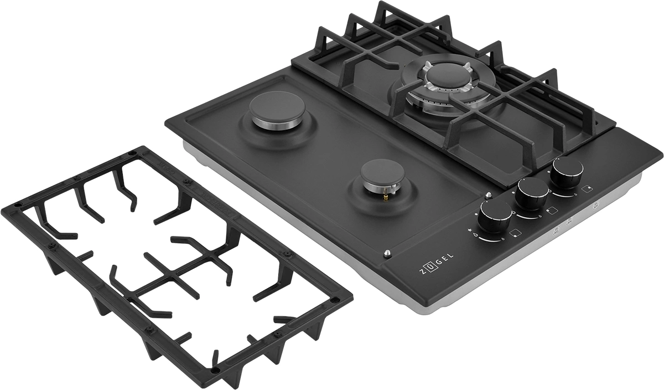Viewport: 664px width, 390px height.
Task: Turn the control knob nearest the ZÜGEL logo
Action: [x=496, y=215]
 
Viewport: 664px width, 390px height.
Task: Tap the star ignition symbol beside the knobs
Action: [x=470, y=230]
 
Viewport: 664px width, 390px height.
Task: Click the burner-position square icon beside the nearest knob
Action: [x=516, y=233]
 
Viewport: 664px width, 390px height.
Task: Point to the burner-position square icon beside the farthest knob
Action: [x=587, y=188]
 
